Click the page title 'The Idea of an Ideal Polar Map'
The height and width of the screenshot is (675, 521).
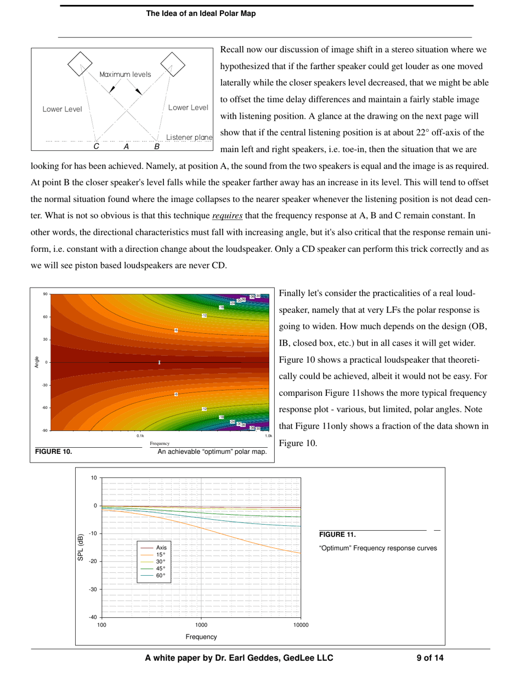click(200, 14)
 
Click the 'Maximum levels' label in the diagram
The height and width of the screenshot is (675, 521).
click(125, 75)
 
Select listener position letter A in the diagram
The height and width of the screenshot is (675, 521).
click(126, 147)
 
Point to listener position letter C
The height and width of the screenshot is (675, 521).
click(97, 147)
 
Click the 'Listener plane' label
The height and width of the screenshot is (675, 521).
click(189, 137)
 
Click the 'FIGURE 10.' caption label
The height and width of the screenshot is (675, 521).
click(53, 452)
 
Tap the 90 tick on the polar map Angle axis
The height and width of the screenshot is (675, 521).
click(46, 294)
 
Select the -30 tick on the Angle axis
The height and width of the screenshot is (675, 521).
click(45, 385)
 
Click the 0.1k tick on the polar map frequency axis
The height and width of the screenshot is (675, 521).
click(140, 436)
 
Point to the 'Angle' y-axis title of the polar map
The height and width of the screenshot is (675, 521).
click(37, 362)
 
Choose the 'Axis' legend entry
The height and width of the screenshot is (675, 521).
click(161, 548)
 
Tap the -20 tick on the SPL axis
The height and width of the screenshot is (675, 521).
click(93, 561)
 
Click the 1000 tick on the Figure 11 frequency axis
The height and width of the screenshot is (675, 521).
click(201, 625)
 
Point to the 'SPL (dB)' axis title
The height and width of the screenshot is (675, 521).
click(81, 547)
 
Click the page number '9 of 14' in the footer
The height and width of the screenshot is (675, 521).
click(431, 658)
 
